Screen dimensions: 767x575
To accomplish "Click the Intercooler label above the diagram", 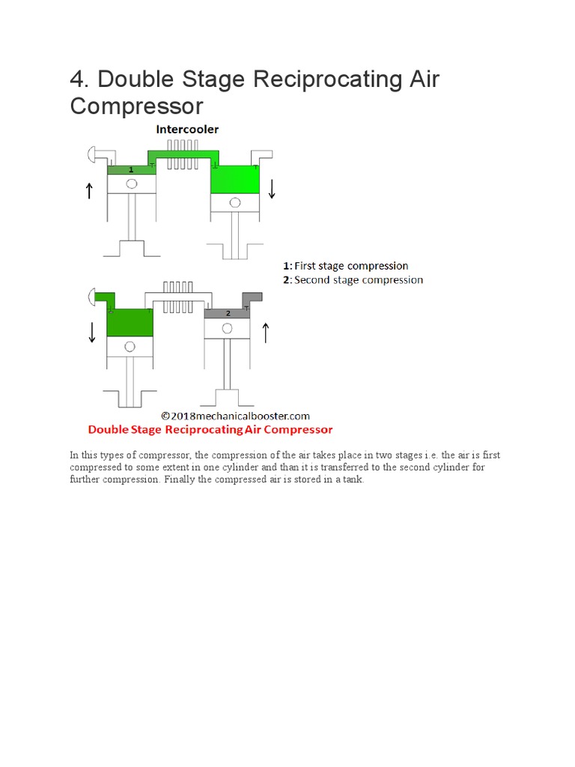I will coord(187,130).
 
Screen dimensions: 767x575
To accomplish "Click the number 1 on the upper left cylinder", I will coord(131,170).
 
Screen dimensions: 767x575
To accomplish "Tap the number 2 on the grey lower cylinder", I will coord(228,313).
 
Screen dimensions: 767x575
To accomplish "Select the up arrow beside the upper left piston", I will coord(89,190).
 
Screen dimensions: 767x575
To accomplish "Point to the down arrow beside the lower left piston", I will coord(92,332).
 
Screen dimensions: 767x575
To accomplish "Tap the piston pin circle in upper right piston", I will coord(235,202).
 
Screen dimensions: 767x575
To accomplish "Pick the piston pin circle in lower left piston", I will coord(130,346).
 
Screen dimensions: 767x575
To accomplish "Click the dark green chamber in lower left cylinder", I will coord(130,322).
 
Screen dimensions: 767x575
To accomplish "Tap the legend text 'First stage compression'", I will coord(351,266).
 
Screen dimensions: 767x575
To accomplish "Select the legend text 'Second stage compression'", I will coord(358,280).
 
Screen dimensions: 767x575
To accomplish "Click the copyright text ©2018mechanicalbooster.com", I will coord(236,416).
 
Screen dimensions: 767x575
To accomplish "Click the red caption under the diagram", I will coord(210,430).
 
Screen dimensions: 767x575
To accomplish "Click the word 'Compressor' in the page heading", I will coord(136,106).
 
